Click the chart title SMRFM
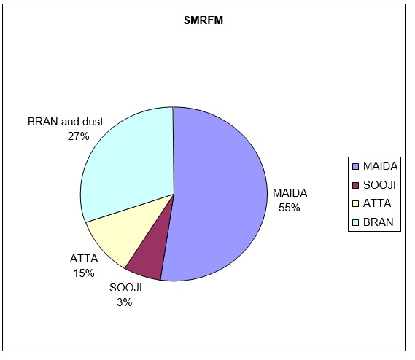(203, 20)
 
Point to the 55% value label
(290, 208)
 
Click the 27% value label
(78, 136)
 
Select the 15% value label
(84, 273)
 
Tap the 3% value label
(125, 302)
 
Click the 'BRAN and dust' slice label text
(66, 122)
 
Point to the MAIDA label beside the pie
(290, 193)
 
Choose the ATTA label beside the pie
(84, 259)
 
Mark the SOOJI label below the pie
(125, 288)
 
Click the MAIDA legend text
(380, 166)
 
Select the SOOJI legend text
(379, 185)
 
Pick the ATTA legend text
(377, 203)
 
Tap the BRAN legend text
(379, 222)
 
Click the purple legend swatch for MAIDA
(356, 167)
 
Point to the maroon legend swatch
(356, 185)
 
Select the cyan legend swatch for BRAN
(356, 222)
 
